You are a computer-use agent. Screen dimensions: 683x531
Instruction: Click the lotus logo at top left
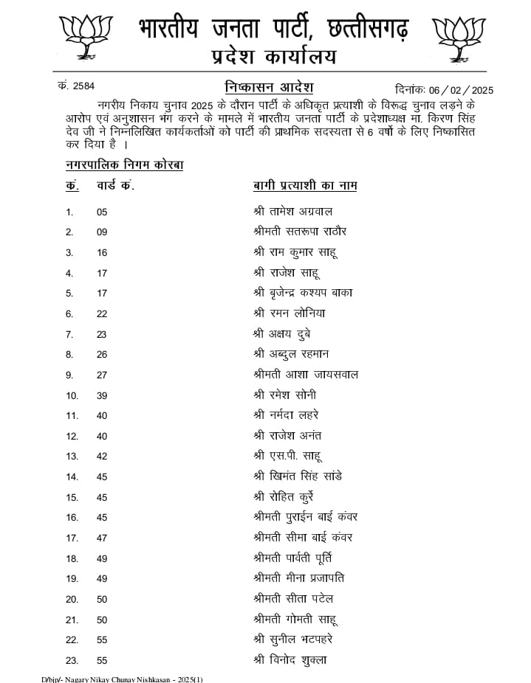pyautogui.click(x=86, y=37)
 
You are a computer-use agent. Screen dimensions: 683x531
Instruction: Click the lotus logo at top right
pyautogui.click(x=459, y=38)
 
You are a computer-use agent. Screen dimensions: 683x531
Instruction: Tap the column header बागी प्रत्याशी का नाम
pyautogui.click(x=305, y=185)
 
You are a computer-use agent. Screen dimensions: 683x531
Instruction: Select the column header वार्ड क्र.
pyautogui.click(x=115, y=185)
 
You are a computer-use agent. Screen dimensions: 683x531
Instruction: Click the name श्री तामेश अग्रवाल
pyautogui.click(x=292, y=212)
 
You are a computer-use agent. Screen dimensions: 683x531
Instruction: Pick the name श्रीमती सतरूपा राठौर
pyautogui.click(x=299, y=232)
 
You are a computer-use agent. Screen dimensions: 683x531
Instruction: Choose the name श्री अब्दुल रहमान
pyautogui.click(x=293, y=354)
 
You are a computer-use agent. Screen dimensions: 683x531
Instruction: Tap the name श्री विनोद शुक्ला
pyautogui.click(x=290, y=659)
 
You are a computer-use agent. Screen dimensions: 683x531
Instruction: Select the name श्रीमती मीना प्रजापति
pyautogui.click(x=298, y=578)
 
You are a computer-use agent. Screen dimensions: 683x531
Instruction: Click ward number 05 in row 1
pyautogui.click(x=102, y=212)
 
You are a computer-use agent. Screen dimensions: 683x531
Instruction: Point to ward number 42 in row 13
pyautogui.click(x=102, y=457)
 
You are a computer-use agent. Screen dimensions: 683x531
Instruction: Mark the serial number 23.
pyautogui.click(x=72, y=660)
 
